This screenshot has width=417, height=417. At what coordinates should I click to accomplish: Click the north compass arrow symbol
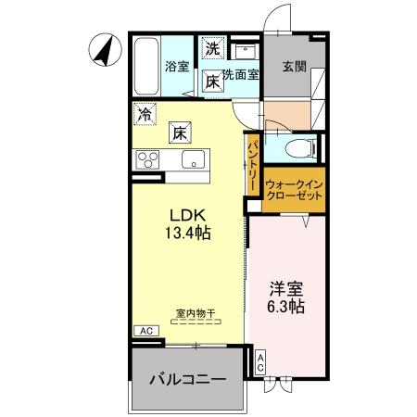[105, 50]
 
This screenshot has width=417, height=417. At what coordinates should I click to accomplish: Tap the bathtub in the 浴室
[146, 67]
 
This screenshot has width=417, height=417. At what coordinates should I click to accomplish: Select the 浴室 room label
[177, 67]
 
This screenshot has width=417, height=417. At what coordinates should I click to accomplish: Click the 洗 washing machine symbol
[212, 48]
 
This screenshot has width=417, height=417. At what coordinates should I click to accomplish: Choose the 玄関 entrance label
[295, 67]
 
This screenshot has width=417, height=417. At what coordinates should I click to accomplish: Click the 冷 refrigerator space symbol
[145, 114]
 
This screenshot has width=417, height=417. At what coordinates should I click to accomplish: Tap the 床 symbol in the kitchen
[180, 133]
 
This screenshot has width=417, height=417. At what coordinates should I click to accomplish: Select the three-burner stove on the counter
[147, 159]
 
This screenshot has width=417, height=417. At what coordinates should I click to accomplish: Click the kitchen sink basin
[194, 159]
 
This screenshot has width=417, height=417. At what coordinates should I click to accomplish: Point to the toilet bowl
[300, 148]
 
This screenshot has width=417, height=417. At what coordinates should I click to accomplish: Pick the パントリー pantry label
[253, 165]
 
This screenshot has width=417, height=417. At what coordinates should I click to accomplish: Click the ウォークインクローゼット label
[294, 190]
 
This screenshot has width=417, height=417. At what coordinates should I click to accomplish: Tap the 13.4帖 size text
[188, 234]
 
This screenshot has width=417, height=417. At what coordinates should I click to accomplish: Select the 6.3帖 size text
[286, 307]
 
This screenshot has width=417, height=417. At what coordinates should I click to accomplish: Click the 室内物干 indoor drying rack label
[196, 313]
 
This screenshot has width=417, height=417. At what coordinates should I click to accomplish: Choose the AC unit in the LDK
[146, 331]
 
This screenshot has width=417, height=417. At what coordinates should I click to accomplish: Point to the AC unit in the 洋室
[260, 363]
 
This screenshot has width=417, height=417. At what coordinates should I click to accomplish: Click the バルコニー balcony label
[188, 379]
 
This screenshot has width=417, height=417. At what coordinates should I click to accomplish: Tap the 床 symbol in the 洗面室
[213, 82]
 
